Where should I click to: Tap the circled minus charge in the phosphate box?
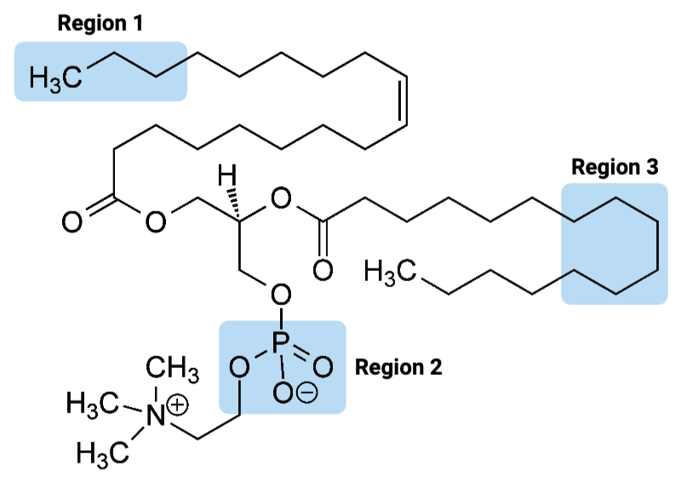point(308,394)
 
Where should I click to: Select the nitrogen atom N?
point(154,417)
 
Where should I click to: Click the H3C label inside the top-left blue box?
point(55,78)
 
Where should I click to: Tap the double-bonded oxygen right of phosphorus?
point(322,367)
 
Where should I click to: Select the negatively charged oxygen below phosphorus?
point(283,393)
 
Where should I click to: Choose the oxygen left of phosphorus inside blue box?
point(240,367)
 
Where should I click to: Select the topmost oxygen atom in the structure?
point(280,200)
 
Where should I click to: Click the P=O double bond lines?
point(302,356)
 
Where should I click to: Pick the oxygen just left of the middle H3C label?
point(322,272)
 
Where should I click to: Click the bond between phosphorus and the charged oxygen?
point(283,368)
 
